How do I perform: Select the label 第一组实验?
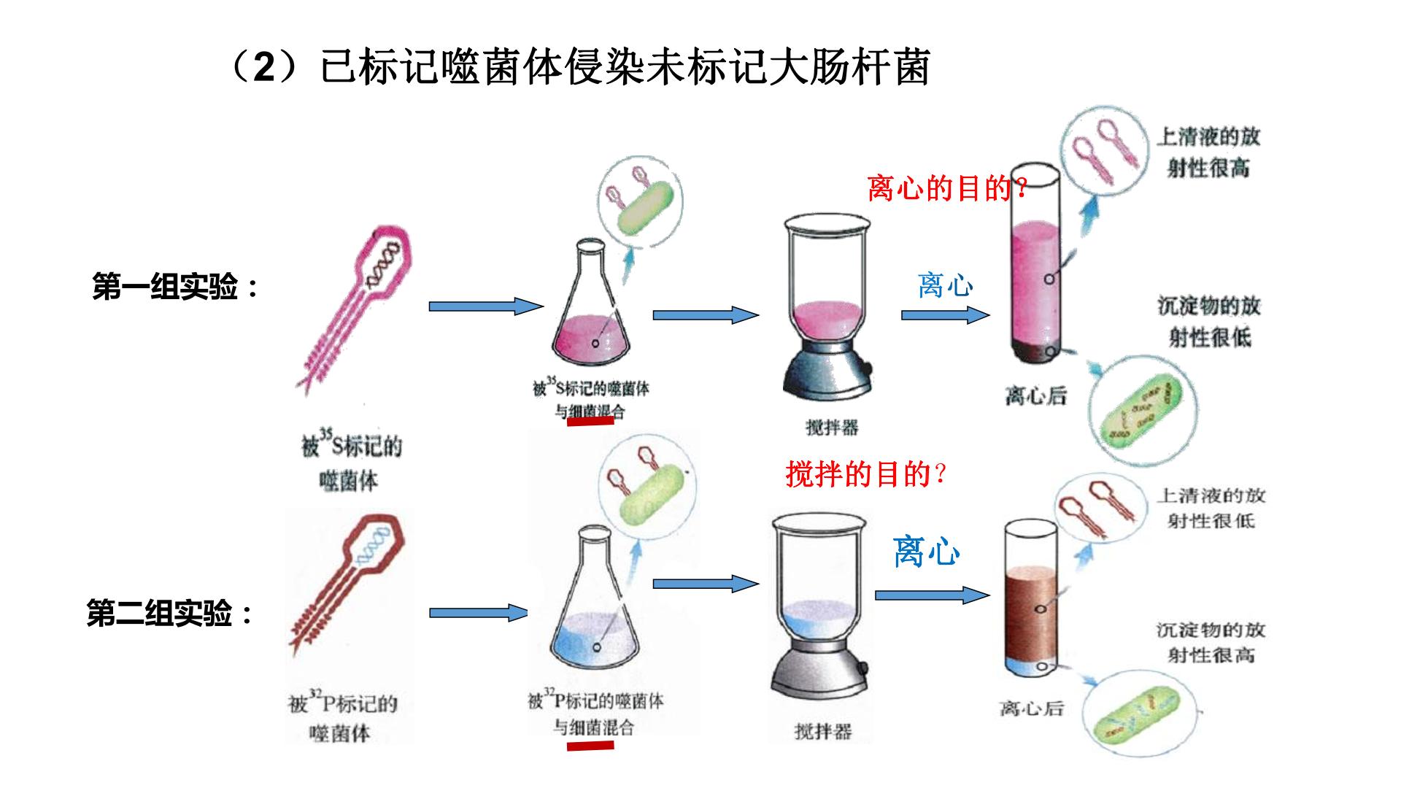pos(176,287)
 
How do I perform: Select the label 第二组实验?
pos(171,613)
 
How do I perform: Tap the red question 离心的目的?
pos(948,189)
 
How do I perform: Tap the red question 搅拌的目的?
pos(866,474)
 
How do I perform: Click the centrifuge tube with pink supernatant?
pos(1034,263)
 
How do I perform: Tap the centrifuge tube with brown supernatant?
pos(1030,599)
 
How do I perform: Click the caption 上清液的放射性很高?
pos(1208,152)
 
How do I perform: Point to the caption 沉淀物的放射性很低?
pos(1209,321)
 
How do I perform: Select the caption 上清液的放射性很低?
pos(1211,508)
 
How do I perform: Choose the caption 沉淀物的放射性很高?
pos(1211,642)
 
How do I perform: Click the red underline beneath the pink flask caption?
pos(591,422)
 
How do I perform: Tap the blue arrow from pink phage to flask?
pos(486,306)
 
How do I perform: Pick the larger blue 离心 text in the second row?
pos(926,552)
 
